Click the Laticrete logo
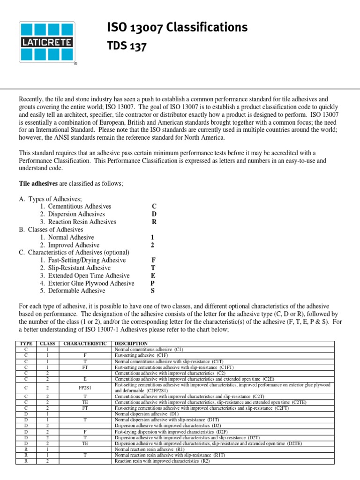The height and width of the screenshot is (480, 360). coord(45,42)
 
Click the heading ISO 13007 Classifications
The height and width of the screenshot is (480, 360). coord(177,28)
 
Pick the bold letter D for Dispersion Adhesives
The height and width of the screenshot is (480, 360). coord(154,214)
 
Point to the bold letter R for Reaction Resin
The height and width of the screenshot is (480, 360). coord(154,222)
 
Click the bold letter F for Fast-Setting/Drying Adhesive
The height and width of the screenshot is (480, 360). coord(153,260)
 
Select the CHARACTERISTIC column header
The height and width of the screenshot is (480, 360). coord(85,344)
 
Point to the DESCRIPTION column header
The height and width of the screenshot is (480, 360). coord(131,344)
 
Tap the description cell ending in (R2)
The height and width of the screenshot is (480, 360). coord(162,461)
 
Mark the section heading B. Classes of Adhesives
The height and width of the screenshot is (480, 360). coord(51,230)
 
